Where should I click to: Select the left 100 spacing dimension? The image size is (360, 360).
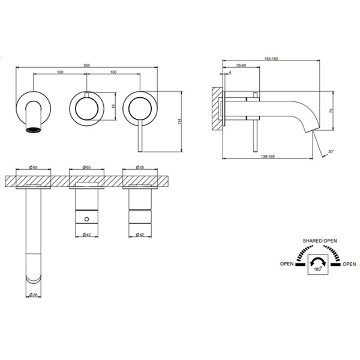point(60,72)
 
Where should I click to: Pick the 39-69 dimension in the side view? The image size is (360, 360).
point(241,65)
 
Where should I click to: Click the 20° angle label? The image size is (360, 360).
point(331,152)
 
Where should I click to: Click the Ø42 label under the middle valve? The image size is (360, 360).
point(86,235)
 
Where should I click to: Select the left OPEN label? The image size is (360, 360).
point(287,263)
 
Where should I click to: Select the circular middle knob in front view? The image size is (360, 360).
point(86,108)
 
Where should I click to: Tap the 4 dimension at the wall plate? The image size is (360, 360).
point(230,73)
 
